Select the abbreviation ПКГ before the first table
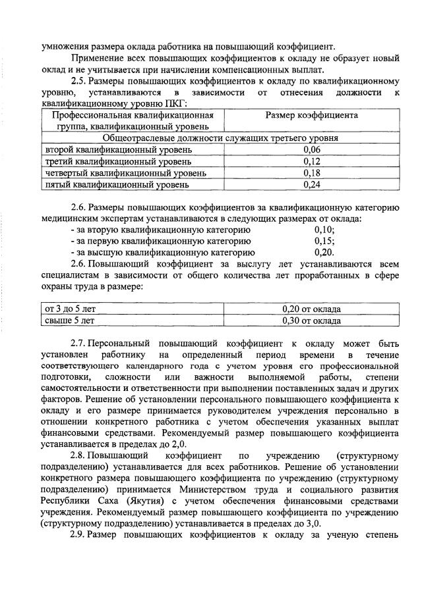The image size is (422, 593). [175, 103]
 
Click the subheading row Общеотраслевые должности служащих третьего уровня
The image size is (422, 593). [221, 138]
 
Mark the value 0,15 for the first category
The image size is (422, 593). [324, 241]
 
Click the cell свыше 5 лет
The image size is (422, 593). [69, 321]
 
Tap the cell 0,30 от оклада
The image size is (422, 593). [312, 321]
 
